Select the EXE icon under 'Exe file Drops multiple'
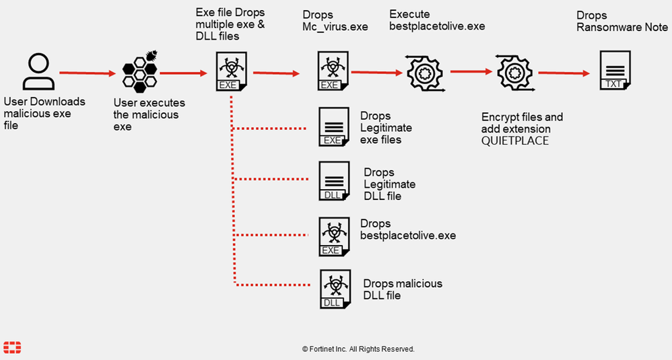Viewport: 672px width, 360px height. coord(231,71)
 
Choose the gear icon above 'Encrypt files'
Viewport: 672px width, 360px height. coord(515,73)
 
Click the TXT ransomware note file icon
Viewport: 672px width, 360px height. coord(614,71)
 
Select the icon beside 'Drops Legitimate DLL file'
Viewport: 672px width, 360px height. coord(334,181)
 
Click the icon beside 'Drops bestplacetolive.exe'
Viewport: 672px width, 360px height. coord(334,236)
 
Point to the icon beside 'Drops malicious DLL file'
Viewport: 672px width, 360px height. coord(334,289)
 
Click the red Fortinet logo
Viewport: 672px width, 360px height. coord(12,347)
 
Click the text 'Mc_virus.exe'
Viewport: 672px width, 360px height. coord(335,27)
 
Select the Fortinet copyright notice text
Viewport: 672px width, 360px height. coord(358,349)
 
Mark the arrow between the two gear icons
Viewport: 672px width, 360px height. coord(471,71)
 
